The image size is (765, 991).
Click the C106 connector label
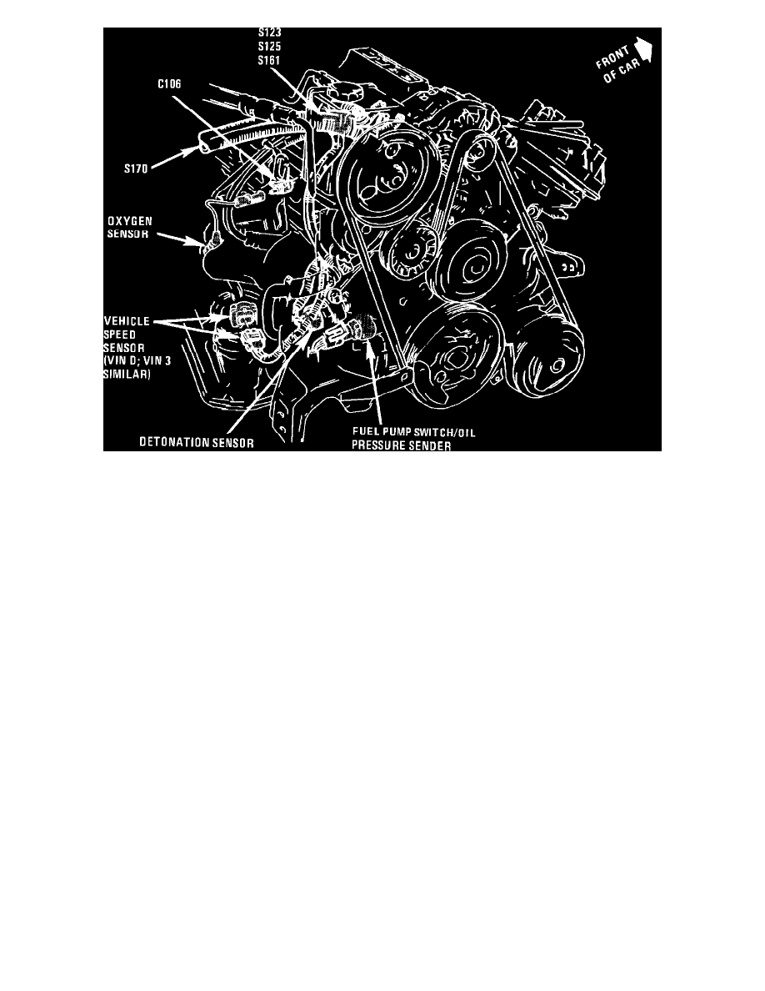pyautogui.click(x=172, y=83)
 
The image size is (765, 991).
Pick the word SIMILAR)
pyautogui.click(x=131, y=375)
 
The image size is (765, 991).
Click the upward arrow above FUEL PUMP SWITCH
pyautogui.click(x=375, y=384)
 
